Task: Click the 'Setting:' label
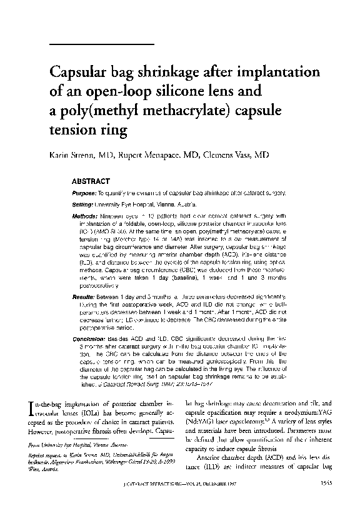coord(82,205)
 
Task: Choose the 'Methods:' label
coord(84,214)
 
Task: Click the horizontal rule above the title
coord(101,44)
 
